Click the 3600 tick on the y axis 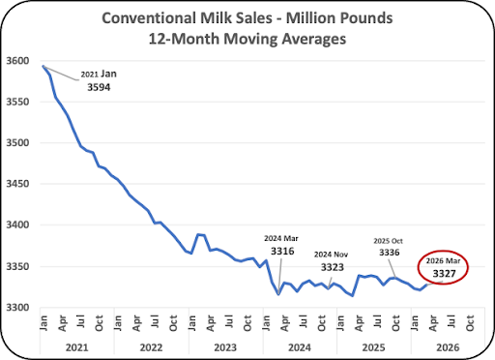point(17,61)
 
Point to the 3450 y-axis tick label point(17,184)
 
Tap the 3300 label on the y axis point(17,308)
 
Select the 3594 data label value point(99,87)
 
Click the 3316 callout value point(282,251)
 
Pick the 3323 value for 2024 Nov point(333,267)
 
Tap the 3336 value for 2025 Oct point(390,253)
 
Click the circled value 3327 point(444,274)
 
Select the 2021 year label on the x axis point(76,347)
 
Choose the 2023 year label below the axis point(225,347)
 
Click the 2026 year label point(448,347)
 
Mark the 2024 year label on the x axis point(300,347)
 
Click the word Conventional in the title point(149,18)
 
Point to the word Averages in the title point(314,39)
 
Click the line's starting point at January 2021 point(44,66)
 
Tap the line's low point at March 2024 point(278,294)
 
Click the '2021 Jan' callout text point(99,74)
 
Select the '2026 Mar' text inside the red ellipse point(443,260)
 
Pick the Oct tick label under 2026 point(470,323)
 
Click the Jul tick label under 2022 point(155,321)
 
